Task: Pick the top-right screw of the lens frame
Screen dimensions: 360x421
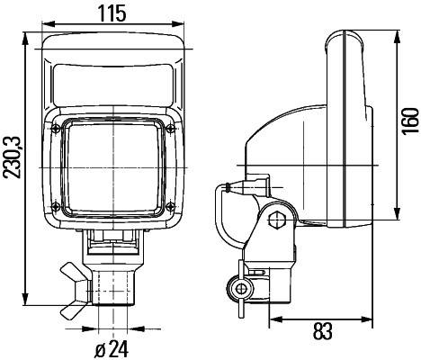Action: [x=167, y=128]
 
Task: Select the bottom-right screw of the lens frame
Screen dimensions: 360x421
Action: [x=167, y=215]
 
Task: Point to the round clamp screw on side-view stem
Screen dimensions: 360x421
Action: [x=240, y=288]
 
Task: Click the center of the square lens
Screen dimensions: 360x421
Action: [x=112, y=171]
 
